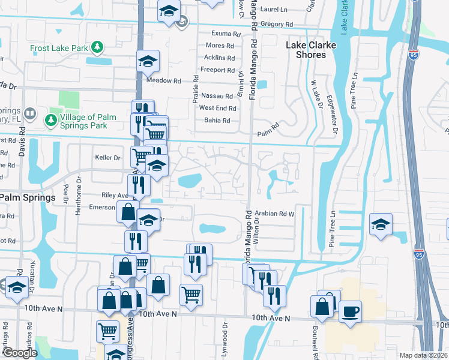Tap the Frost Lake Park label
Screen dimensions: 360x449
pyautogui.click(x=59, y=47)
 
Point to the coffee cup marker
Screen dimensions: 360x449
pyautogui.click(x=350, y=312)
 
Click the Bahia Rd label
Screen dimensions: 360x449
pyautogui.click(x=217, y=121)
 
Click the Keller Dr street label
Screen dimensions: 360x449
pyautogui.click(x=108, y=157)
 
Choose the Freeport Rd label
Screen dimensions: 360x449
pyautogui.click(x=218, y=70)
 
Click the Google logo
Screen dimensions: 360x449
pyautogui.click(x=20, y=353)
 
